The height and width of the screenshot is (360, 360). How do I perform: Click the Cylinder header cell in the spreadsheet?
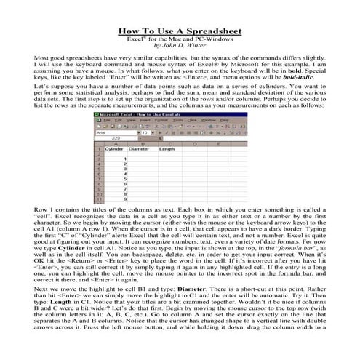pos(114,149)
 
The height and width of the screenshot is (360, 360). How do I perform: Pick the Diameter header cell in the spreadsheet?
pos(139,149)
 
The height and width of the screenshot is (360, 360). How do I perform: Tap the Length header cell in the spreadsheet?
pos(167,149)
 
